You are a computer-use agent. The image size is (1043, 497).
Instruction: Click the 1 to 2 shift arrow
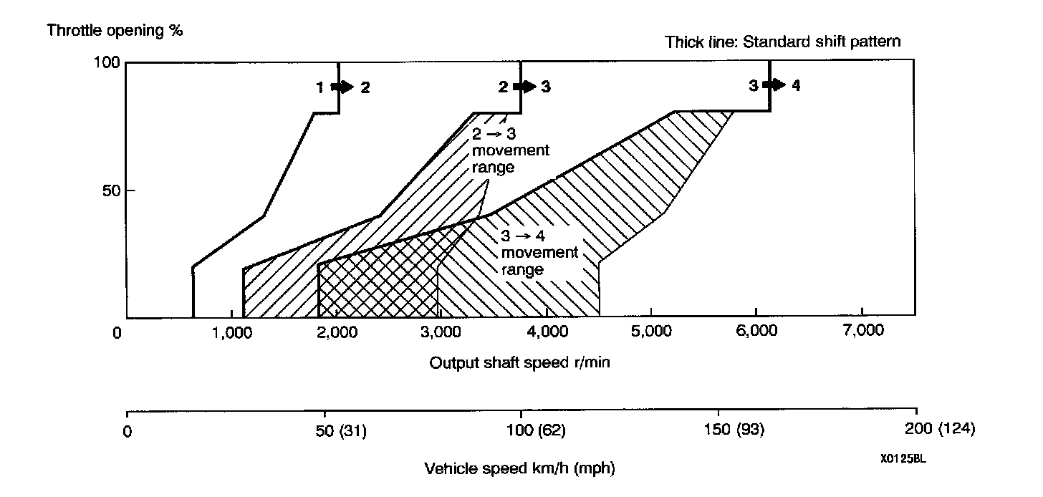tap(343, 87)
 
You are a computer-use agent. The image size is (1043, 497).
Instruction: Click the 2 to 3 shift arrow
tap(526, 87)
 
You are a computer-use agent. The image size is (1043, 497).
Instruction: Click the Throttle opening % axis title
tap(114, 31)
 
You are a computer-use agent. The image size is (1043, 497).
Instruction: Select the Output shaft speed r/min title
tap(520, 362)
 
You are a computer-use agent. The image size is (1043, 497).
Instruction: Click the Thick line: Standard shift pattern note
tap(783, 42)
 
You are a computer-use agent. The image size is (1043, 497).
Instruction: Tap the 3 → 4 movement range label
tap(539, 253)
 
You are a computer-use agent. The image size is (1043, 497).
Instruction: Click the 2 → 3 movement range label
tap(510, 150)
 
